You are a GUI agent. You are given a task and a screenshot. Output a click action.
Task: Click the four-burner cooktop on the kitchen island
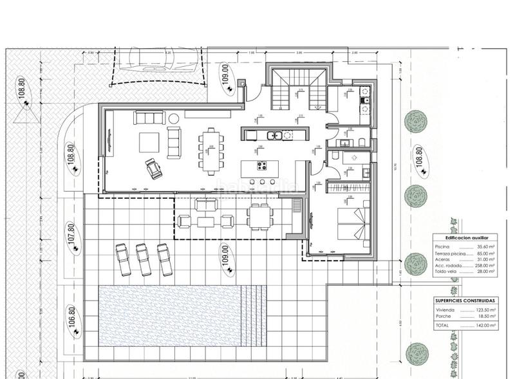pyautogui.click(x=263, y=165)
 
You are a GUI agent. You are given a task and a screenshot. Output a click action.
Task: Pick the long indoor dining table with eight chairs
pyautogui.click(x=211, y=150)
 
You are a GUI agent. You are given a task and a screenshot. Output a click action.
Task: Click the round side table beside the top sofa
pyautogui.click(x=174, y=118)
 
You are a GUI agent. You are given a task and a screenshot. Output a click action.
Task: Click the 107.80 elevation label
pyautogui.click(x=72, y=234)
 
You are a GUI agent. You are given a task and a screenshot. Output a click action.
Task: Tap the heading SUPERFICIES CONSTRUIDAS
pyautogui.click(x=465, y=300)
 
